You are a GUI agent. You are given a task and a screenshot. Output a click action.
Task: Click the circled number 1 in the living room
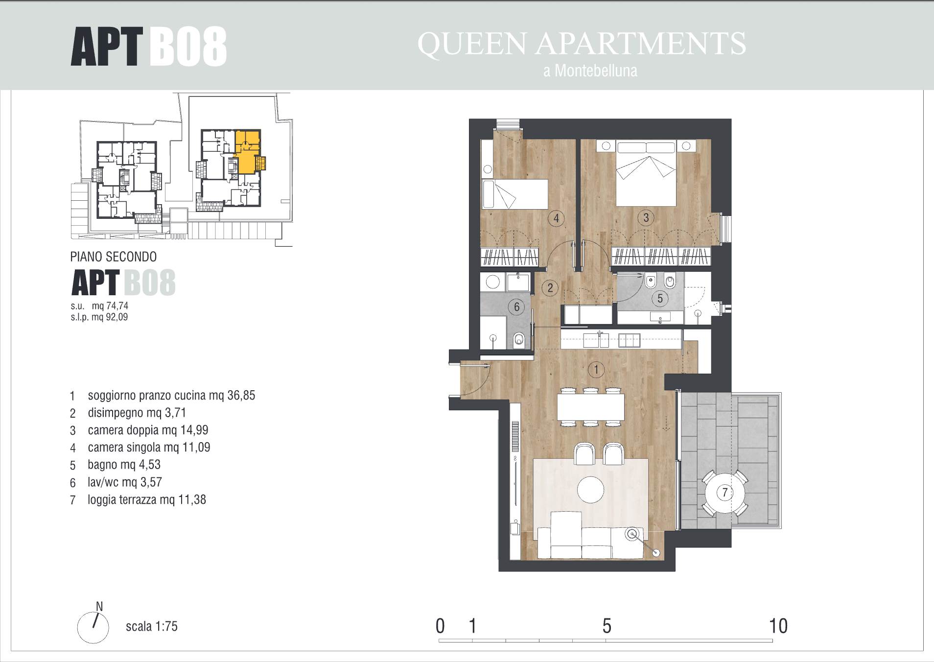[596, 369]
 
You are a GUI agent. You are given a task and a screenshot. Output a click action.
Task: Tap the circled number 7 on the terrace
[724, 492]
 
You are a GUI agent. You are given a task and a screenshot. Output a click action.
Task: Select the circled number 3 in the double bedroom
[646, 217]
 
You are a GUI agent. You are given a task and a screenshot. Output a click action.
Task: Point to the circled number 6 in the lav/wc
[516, 307]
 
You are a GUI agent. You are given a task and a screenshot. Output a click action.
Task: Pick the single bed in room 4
[514, 194]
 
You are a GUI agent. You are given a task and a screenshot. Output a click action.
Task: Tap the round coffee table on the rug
[591, 489]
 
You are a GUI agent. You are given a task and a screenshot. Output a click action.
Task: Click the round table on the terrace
[724, 492]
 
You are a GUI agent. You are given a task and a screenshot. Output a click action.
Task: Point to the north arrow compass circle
[93, 627]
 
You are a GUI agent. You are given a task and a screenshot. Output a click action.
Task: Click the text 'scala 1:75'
[152, 626]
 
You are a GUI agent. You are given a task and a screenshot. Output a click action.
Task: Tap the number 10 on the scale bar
[778, 626]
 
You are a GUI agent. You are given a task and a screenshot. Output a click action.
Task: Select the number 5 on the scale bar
[607, 626]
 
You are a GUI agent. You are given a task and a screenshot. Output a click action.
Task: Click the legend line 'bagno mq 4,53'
[124, 465]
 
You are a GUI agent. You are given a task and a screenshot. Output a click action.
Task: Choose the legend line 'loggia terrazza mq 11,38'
[147, 500]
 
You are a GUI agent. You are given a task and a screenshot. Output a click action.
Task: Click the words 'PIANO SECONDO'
[114, 257]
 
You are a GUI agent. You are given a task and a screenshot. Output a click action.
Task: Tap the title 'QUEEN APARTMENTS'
[582, 44]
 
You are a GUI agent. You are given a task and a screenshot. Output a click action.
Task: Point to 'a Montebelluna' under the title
[590, 71]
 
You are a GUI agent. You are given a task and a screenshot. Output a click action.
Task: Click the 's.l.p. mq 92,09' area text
[99, 317]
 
